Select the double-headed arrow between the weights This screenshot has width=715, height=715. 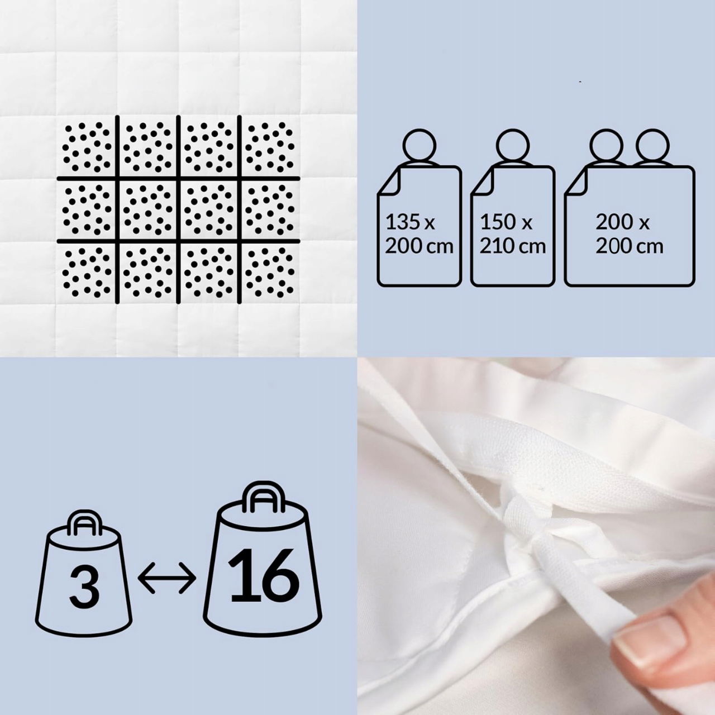click(166, 578)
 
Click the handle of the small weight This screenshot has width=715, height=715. click(84, 525)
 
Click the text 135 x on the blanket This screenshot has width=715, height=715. click(410, 222)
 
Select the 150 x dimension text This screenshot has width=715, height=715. click(506, 222)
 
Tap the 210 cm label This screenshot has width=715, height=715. click(512, 246)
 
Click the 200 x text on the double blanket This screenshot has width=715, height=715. click(622, 222)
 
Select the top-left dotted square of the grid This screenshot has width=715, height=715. click(87, 147)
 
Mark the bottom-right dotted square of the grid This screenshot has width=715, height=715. click(270, 272)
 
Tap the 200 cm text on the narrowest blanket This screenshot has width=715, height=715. click(419, 246)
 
